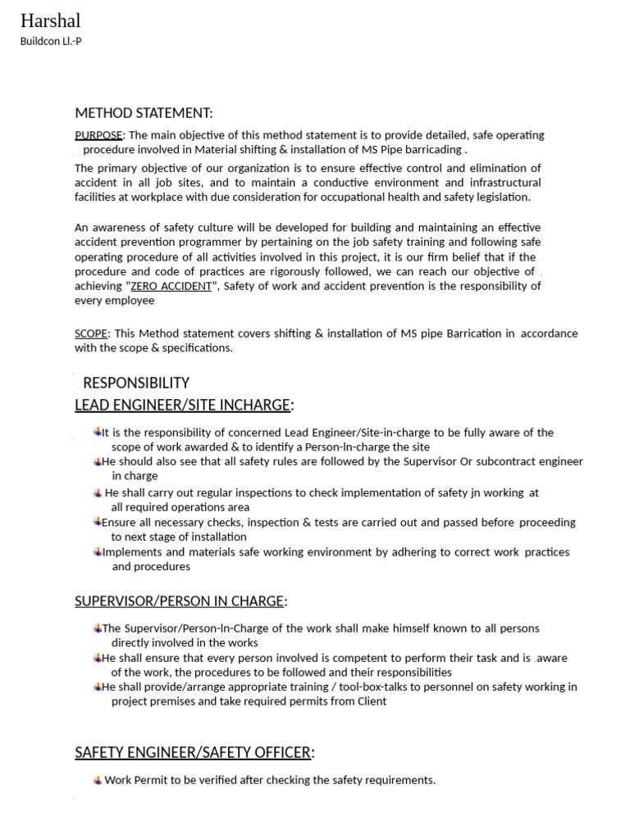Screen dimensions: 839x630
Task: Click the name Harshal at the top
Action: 50,20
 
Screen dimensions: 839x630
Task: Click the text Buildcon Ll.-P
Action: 51,41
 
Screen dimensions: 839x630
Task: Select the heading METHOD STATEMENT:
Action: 144,113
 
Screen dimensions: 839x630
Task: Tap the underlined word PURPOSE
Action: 98,135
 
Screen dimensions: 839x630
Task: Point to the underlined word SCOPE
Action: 90,333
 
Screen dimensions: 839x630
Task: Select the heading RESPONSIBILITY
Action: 136,383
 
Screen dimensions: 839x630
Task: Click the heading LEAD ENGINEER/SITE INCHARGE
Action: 182,405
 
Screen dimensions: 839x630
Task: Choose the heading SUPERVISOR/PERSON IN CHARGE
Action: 179,601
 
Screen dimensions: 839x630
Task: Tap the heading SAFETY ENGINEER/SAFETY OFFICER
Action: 193,752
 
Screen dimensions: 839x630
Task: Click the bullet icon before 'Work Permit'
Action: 98,780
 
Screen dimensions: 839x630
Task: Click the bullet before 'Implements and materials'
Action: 97,551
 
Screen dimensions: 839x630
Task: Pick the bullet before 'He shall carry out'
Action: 98,492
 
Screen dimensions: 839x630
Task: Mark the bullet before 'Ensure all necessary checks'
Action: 97,522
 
